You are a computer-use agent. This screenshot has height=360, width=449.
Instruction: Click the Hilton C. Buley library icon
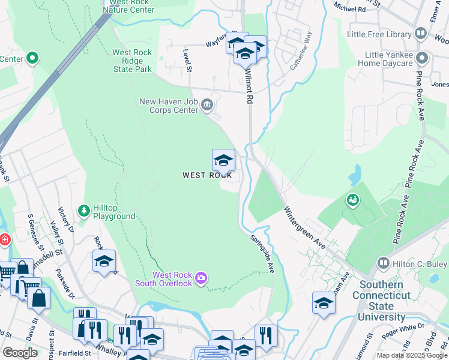(382, 263)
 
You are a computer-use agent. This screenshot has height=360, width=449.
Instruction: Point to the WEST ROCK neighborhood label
(207, 176)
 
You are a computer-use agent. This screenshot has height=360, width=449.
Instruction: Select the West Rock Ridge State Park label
(133, 61)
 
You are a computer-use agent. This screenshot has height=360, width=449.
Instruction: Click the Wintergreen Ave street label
(305, 229)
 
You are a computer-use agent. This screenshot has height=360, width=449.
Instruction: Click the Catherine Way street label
(301, 51)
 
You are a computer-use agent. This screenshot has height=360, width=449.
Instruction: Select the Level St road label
(188, 61)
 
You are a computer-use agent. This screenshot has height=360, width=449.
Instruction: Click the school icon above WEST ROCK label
(223, 160)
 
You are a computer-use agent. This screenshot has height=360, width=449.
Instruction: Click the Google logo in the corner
(20, 352)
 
